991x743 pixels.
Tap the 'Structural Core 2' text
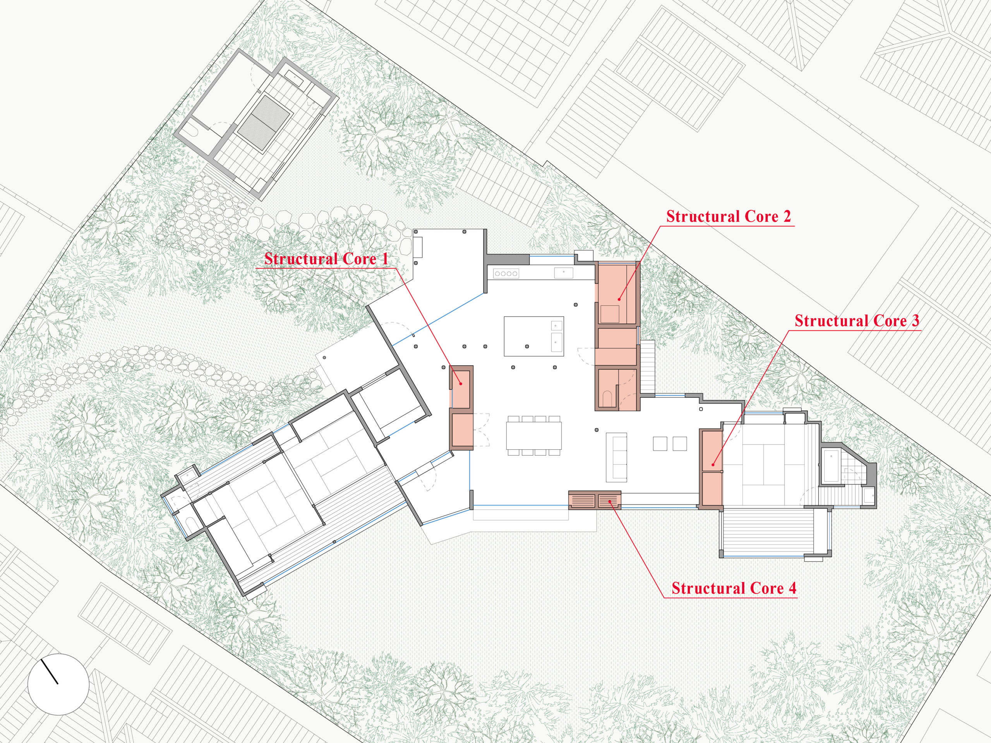click(x=729, y=216)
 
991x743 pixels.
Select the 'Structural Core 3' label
click(x=857, y=321)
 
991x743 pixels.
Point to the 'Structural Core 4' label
click(x=734, y=588)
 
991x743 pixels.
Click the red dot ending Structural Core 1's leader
click(x=461, y=383)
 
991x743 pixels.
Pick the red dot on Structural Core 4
click(x=610, y=503)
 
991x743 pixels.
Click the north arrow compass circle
click(x=58, y=684)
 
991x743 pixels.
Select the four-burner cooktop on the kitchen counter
click(x=506, y=273)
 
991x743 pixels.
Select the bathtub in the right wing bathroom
click(x=831, y=466)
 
